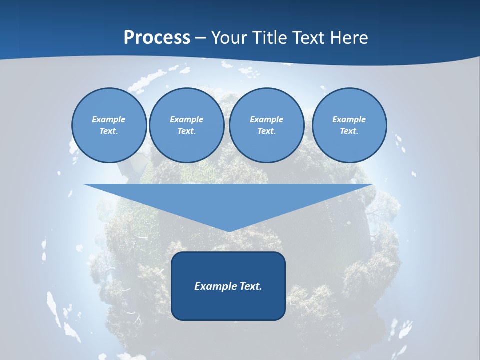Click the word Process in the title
point(157,38)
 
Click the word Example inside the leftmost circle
point(109,119)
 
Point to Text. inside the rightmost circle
point(349,131)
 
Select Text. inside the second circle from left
point(187,131)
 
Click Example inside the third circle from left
point(266,119)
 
